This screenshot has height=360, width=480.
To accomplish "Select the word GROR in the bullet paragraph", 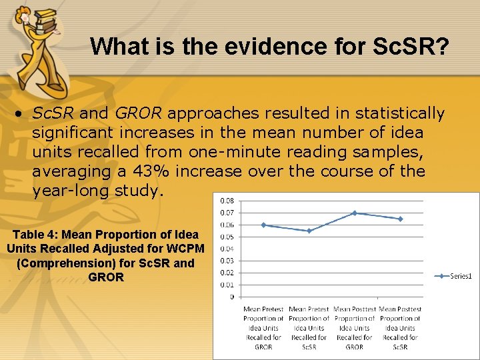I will pyautogui.click(x=137, y=113).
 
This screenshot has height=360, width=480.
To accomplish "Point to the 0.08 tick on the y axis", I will pyautogui.click(x=227, y=201).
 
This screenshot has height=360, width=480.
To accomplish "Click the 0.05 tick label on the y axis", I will pyautogui.click(x=227, y=237).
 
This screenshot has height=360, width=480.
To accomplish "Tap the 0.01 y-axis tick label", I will pyautogui.click(x=227, y=285).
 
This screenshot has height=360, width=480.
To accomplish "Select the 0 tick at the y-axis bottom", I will pyautogui.click(x=231, y=297).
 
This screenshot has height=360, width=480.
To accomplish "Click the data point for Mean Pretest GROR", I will pyautogui.click(x=263, y=225).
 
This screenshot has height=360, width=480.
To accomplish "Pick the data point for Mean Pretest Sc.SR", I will pyautogui.click(x=309, y=231).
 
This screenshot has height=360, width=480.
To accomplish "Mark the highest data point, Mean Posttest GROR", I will pyautogui.click(x=355, y=213).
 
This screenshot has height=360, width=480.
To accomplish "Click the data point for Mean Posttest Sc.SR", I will pyautogui.click(x=400, y=219).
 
